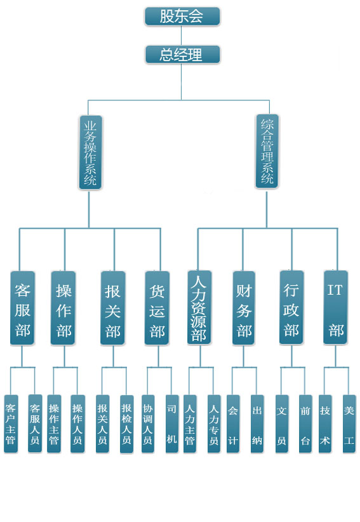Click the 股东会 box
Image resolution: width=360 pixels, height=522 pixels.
pos(182,17)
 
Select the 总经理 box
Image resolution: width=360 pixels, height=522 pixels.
pos(182,55)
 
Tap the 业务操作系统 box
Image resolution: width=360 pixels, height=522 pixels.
pos(90,152)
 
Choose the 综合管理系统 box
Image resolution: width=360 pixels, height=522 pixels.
pos(267,152)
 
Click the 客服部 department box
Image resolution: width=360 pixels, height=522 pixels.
pos(22,308)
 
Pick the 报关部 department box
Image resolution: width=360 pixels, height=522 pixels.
pos(113,308)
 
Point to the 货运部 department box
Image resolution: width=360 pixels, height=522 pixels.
pos(157,308)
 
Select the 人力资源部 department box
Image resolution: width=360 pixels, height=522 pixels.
pos(199,307)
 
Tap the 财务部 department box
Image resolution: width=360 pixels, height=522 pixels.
pos(244,308)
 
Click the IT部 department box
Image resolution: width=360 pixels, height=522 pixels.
pos(336,307)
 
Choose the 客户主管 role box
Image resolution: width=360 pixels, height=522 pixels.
pos(11,424)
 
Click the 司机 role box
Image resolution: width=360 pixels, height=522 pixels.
pos(171,424)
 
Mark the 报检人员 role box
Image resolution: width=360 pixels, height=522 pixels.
pos(126,424)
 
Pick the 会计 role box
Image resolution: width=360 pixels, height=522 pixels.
pos(233,424)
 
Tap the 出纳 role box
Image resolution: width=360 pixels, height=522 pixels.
pos(257,424)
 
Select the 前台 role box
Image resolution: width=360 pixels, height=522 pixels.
pos(305,424)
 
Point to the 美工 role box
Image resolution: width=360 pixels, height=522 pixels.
pos(349,424)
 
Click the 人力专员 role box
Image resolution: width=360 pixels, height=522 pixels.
pos(214,424)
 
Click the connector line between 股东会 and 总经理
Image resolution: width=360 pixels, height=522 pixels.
pos(182,36)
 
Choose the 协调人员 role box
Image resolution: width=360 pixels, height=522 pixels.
pos(148,424)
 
